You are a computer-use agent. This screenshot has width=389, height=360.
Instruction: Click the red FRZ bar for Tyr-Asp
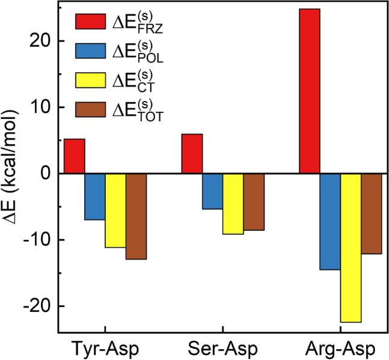[x=75, y=156]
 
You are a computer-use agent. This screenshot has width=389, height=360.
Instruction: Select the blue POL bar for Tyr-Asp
[x=95, y=197]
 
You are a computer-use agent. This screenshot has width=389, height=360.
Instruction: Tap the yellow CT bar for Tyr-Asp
[x=115, y=210]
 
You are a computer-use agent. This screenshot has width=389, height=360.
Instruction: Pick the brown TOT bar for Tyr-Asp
[x=136, y=216]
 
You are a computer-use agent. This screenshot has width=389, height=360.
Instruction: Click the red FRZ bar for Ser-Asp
[x=192, y=153]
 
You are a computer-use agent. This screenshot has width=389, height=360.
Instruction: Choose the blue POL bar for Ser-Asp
[x=212, y=191]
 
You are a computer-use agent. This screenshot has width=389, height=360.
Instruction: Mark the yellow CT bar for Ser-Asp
[x=233, y=203]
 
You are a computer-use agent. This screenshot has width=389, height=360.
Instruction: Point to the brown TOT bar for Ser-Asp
[x=253, y=201]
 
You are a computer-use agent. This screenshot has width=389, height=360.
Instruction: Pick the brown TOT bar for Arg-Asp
[x=371, y=213]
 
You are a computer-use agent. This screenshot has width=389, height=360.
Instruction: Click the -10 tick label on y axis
[x=36, y=240]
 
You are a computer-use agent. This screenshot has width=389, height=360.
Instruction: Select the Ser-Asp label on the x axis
[x=223, y=349]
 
